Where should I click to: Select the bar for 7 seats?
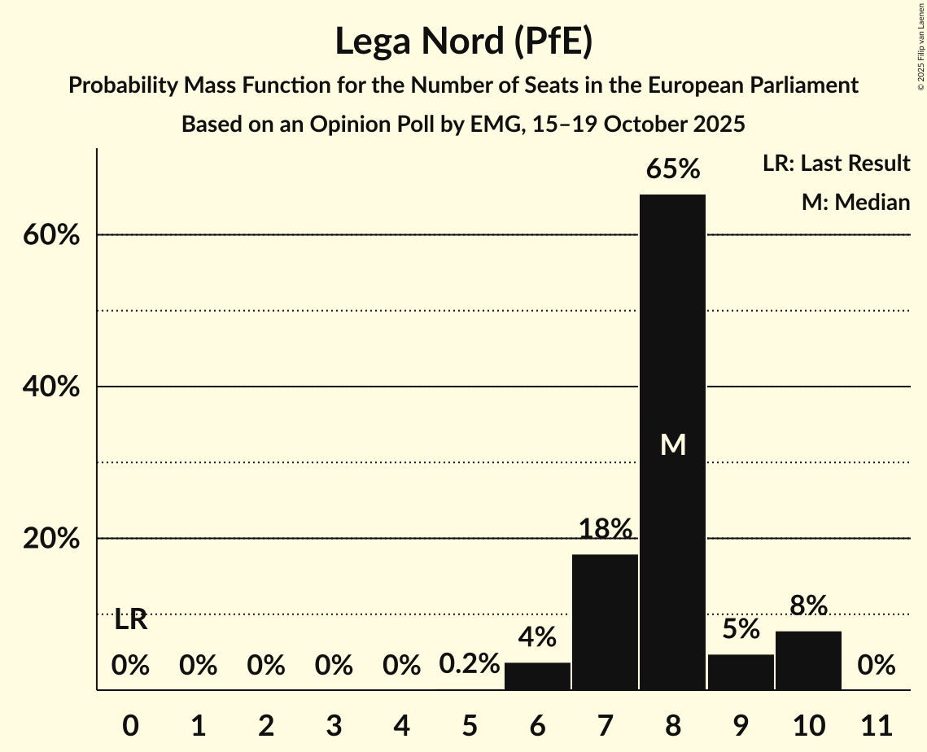(605, 622)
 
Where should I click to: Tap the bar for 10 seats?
(808, 660)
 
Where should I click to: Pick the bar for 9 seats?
(741, 671)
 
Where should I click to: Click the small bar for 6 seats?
(537, 675)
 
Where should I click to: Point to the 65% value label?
(672, 170)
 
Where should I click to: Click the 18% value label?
(605, 530)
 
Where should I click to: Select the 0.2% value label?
(469, 665)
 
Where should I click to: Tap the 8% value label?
(808, 606)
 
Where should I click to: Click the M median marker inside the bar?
(673, 444)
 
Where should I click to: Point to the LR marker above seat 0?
(130, 620)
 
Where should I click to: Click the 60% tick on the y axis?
(50, 235)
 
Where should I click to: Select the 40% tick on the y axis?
(50, 387)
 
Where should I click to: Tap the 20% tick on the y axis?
(50, 540)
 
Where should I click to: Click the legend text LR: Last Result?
(836, 164)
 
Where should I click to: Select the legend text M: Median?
(855, 202)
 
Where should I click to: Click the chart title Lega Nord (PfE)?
(463, 42)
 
